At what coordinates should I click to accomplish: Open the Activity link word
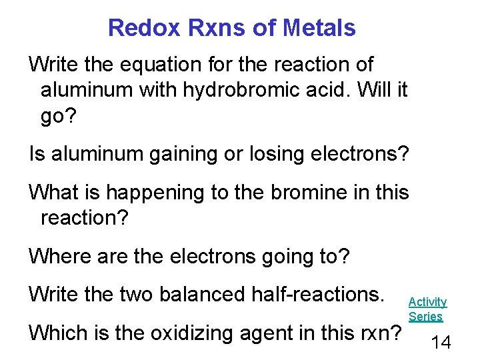point(427,302)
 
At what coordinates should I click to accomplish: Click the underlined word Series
point(425,317)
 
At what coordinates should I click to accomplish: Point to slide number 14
point(441,342)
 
